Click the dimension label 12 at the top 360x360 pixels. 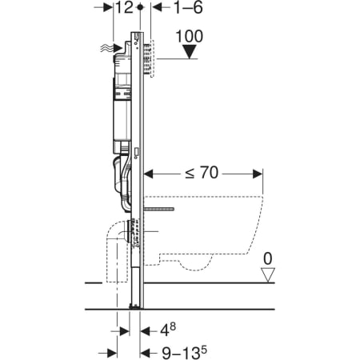(124, 7)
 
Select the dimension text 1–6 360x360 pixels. (188, 7)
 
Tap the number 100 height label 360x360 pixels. (190, 36)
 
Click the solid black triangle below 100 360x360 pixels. (190, 52)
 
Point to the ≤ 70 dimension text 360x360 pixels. (202, 173)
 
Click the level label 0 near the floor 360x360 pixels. (268, 258)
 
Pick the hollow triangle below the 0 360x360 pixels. (268, 275)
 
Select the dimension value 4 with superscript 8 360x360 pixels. (168, 330)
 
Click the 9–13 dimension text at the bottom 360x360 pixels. (185, 353)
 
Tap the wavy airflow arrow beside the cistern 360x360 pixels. (111, 48)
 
